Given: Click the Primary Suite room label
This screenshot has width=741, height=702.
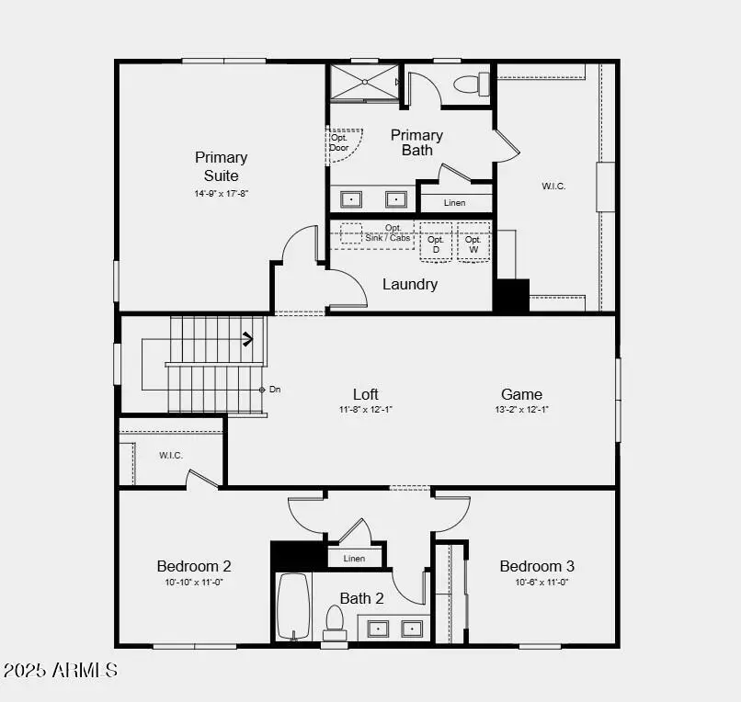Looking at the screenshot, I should pos(221,165).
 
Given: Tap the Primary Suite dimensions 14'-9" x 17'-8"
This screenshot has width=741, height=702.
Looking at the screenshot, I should pos(221,194).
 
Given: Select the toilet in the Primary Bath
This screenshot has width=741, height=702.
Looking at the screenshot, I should pos(470,85).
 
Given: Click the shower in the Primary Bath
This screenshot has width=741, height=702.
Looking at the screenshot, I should pos(364,82).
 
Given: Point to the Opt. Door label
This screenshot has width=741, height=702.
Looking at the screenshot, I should pos(339,142).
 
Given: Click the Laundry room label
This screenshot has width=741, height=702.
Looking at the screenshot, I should pos(410,284).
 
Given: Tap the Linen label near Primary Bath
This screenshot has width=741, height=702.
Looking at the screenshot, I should pos(455,202).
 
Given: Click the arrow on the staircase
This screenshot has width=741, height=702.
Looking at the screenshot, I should pos(246,339).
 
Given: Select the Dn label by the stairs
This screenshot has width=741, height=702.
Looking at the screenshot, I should pos(275,390).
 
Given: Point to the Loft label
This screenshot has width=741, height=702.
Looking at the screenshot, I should pos(366,394).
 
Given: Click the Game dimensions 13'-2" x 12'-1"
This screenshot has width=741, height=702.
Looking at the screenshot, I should pos(521,410).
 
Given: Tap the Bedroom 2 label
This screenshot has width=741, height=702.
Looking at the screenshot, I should pos(194,566).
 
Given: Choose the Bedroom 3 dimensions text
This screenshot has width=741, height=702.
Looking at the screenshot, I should pos(537,582).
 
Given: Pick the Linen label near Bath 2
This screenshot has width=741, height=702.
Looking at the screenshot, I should pos(354,558).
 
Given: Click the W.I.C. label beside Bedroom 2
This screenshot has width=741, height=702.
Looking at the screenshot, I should pos(171,455).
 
